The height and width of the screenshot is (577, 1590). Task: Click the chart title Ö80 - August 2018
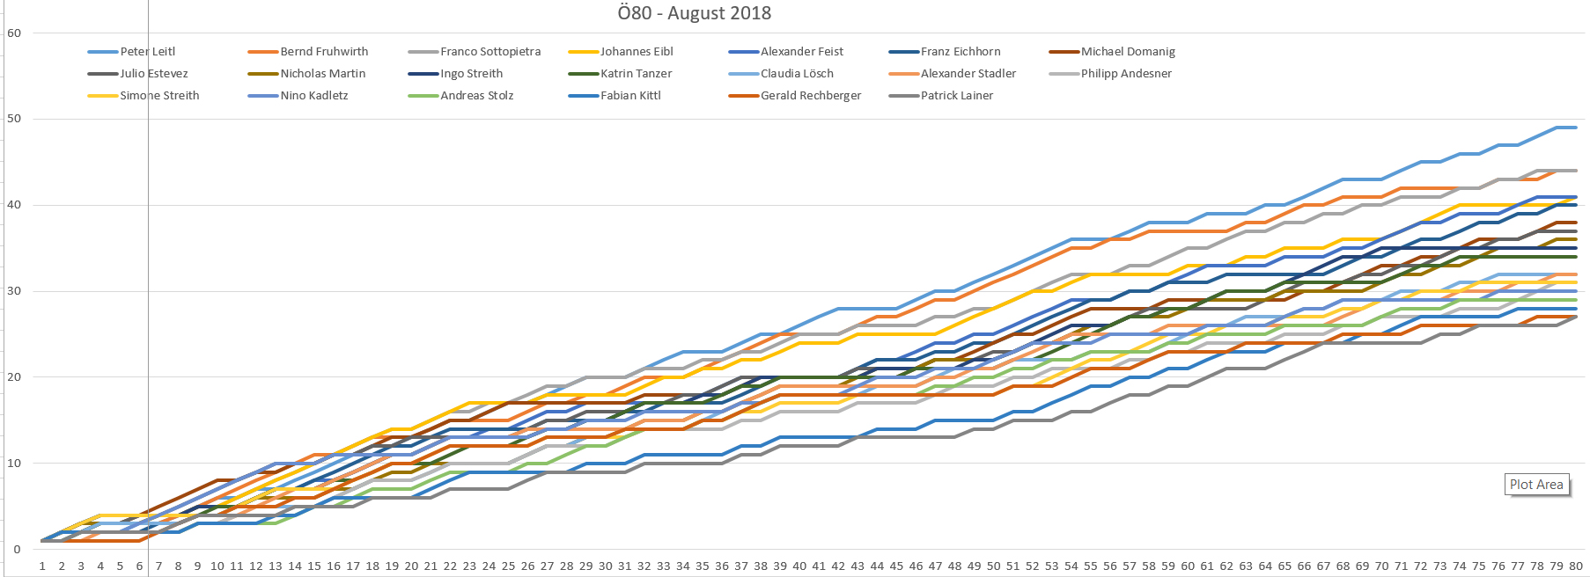694,13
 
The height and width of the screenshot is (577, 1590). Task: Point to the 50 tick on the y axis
14,119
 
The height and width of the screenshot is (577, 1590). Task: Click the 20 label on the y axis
14,377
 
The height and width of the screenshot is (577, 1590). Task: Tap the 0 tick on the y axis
17,550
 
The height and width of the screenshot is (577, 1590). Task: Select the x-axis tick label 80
1576,566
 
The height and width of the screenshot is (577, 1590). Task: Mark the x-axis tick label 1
42,566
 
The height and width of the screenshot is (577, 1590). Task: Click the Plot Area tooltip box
1536,485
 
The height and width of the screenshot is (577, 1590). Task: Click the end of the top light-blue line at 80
1575,128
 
